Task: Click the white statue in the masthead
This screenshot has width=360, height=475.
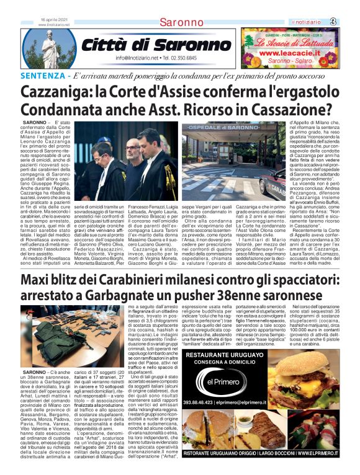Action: pos(49,47)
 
